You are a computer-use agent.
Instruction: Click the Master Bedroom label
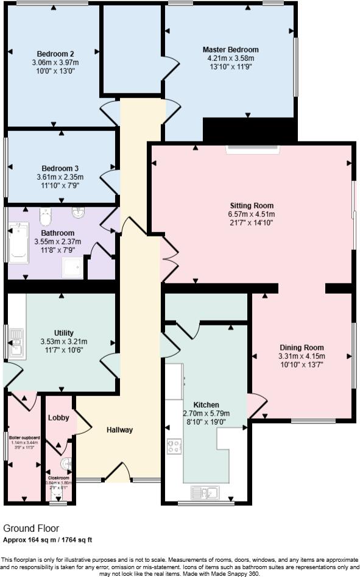click(x=230, y=49)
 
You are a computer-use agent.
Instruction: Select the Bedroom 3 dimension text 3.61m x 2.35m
click(x=60, y=177)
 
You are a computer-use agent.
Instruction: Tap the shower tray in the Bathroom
click(x=72, y=267)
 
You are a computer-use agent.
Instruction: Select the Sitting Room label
click(x=252, y=205)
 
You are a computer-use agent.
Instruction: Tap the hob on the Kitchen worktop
click(x=174, y=447)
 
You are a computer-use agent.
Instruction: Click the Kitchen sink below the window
click(x=205, y=492)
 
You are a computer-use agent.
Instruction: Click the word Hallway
click(x=119, y=430)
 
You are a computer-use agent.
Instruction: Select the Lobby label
click(x=58, y=417)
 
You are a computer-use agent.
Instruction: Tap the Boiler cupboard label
click(x=24, y=437)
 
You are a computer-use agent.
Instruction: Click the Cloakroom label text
click(x=60, y=478)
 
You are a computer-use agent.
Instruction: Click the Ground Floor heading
click(x=31, y=529)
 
